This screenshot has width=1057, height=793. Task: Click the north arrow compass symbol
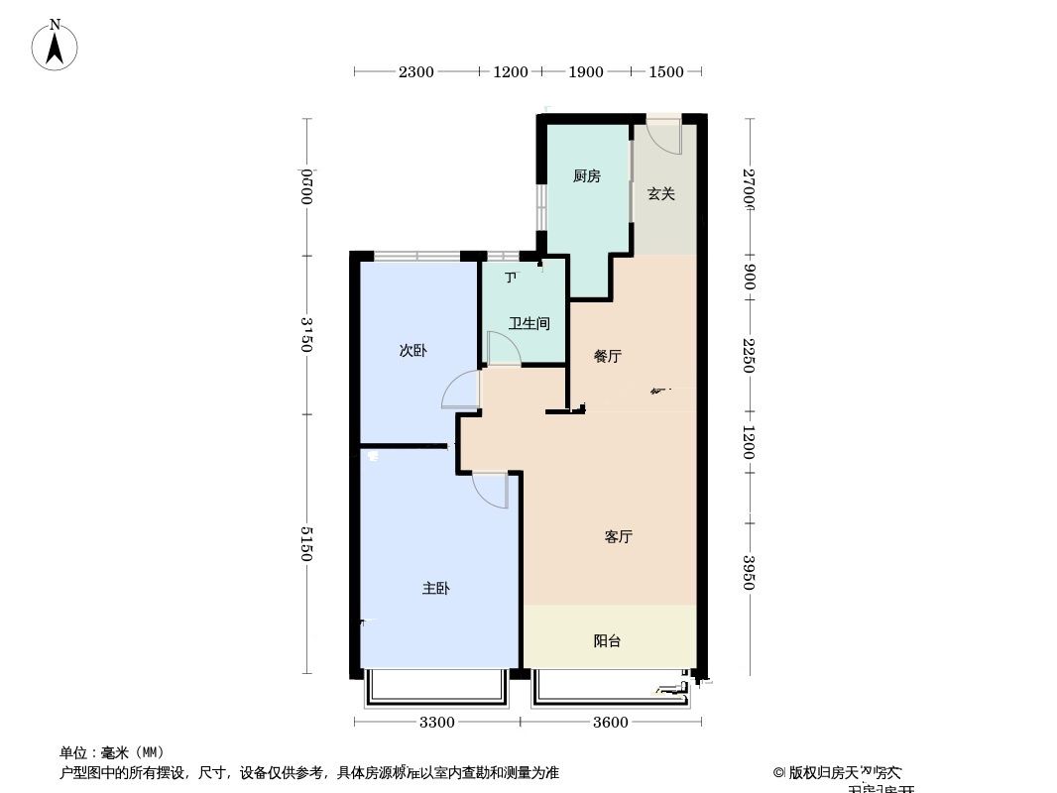56,45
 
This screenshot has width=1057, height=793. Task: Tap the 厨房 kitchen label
586,176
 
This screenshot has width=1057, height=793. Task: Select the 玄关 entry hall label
661,194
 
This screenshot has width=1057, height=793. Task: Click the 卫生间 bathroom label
528,323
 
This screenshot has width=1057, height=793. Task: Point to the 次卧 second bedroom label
412,350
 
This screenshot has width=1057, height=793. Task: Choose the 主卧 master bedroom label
436,588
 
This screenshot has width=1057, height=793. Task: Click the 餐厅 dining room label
607,356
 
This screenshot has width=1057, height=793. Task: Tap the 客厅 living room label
618,536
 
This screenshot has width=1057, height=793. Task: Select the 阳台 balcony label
607,640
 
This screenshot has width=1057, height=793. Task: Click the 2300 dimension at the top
415,71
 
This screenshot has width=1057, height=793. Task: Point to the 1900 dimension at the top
586,71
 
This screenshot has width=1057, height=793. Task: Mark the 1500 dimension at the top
666,71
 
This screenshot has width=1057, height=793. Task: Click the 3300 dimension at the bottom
436,722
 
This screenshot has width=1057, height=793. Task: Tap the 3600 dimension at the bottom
611,722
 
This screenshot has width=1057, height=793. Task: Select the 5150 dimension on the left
307,542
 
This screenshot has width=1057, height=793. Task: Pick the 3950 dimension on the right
750,572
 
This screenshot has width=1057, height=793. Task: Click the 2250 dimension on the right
750,355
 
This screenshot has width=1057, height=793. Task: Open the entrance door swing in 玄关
664,136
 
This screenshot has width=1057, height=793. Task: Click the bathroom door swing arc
502,348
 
